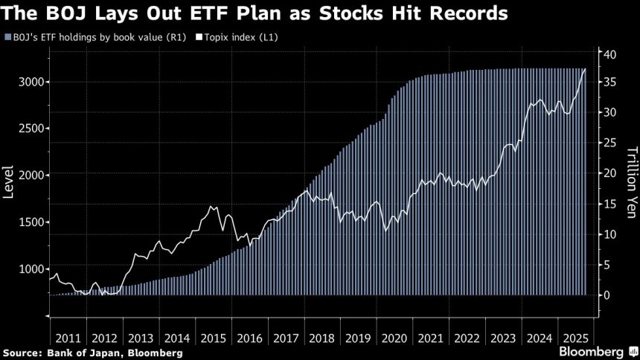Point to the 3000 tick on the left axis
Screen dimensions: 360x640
(x=29, y=82)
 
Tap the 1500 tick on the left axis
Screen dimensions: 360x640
(x=29, y=222)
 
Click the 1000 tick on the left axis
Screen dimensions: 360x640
(x=29, y=269)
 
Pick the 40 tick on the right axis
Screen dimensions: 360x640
(x=608, y=54)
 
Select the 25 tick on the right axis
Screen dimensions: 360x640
(x=608, y=142)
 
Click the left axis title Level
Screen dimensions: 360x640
(x=10, y=181)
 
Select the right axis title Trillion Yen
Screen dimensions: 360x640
(x=630, y=176)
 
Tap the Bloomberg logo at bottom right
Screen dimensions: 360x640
(x=592, y=350)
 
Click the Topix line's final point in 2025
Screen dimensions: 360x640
(x=585, y=69)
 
